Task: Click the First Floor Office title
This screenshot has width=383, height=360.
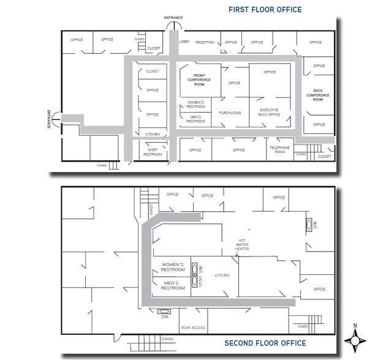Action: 265,10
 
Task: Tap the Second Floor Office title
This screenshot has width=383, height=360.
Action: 265,343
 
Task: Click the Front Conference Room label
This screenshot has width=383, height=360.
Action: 199,80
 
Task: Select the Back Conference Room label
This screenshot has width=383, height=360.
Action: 318,95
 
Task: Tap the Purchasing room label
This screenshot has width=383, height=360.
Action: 230,113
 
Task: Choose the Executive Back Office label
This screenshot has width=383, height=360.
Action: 269,112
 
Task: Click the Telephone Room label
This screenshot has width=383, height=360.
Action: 279,149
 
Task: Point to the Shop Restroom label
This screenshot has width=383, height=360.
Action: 153,152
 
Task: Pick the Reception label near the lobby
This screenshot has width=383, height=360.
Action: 205,42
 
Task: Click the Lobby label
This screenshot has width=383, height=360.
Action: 184,42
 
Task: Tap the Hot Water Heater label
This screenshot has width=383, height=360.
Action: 242,244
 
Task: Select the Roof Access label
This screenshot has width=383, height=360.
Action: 193,328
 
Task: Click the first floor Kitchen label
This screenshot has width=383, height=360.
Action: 153,134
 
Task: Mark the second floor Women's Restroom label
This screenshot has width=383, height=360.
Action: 173,267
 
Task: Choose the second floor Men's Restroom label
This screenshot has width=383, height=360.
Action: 173,285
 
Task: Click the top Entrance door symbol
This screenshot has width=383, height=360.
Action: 174,25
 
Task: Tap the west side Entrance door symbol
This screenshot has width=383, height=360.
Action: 56,119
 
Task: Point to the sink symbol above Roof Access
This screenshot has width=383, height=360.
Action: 164,312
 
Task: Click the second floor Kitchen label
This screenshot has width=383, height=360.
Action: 222,276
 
